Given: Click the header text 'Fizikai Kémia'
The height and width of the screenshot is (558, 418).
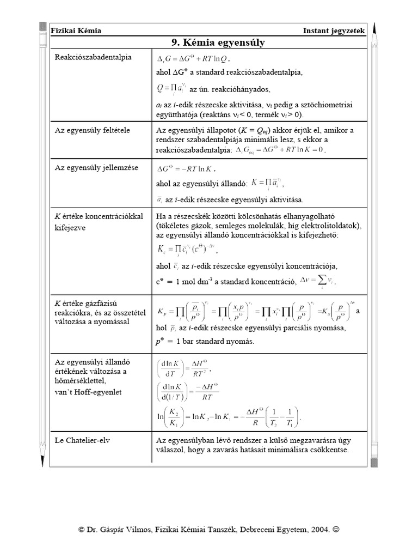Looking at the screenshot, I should click(76, 31).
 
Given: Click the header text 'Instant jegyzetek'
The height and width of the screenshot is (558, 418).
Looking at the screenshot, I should click(334, 31).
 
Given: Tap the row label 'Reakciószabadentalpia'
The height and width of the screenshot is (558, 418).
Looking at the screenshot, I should click(93, 57).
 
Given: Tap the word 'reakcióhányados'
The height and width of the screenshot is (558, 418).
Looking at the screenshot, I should click(243, 89).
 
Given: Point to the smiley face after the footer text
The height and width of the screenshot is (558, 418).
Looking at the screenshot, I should click(340, 529).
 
